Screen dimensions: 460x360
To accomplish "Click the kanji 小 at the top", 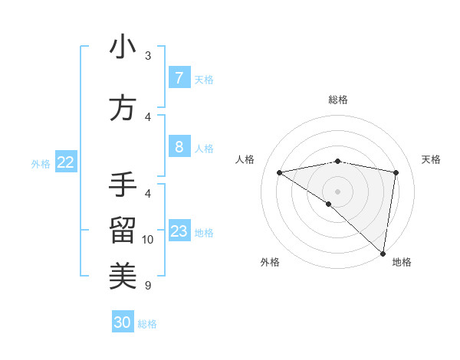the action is [x=123, y=47].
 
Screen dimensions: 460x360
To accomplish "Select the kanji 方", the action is [x=123, y=109].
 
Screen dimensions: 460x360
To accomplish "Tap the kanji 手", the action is [x=123, y=185].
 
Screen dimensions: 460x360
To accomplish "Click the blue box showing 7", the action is [x=179, y=77].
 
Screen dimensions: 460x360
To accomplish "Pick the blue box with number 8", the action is [x=179, y=146].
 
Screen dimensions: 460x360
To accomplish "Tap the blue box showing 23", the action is [x=179, y=231].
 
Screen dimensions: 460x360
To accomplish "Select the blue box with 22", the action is [x=66, y=162].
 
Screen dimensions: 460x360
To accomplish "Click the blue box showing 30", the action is [x=122, y=322].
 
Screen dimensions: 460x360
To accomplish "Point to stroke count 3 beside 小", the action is [x=148, y=56].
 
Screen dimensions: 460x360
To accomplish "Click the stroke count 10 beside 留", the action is [x=148, y=240].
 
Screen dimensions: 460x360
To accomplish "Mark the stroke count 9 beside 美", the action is [x=148, y=286].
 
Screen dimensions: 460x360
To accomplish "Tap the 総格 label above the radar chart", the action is [x=337, y=100].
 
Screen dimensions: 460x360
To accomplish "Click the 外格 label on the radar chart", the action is [x=270, y=262].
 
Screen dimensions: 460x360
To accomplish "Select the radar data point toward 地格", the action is [x=383, y=253].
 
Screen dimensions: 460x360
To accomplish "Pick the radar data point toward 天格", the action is [x=396, y=172].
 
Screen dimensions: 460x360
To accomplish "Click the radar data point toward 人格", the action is [x=279, y=172].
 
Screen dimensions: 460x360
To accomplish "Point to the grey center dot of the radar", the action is [x=337, y=191].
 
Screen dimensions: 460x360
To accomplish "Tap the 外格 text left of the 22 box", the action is [x=40, y=163].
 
